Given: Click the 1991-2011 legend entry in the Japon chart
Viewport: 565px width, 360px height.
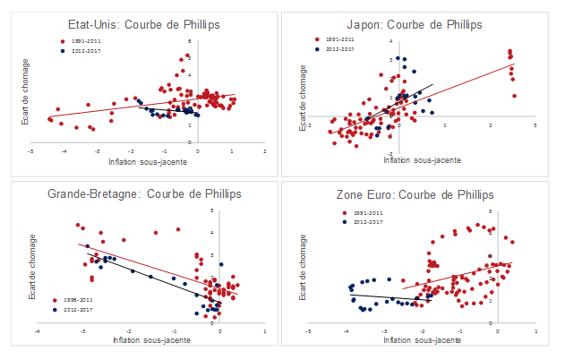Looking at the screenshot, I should [x=341, y=40].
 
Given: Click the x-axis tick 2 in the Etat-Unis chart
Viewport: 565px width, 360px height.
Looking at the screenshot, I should [x=265, y=151].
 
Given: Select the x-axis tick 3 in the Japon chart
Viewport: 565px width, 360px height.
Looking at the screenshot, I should [x=535, y=126].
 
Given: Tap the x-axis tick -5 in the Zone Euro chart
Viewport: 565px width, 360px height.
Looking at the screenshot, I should [x=308, y=330].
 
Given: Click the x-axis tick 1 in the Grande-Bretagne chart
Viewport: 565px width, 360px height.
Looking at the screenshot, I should [x=265, y=330].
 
